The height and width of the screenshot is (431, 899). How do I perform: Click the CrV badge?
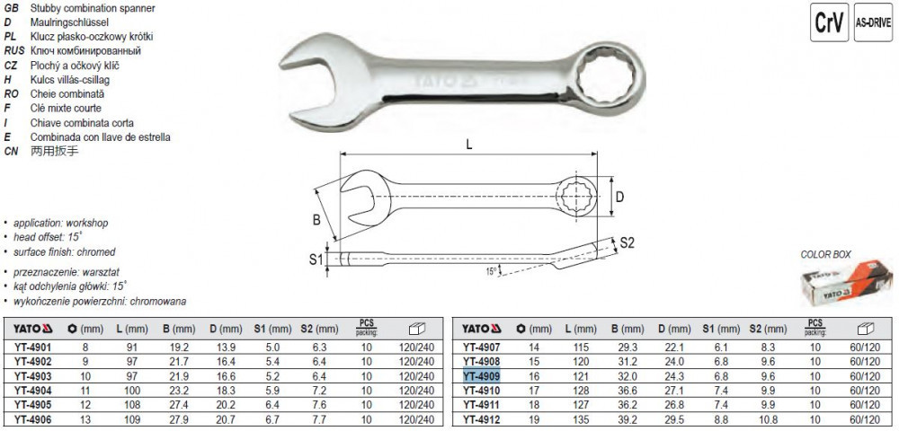[829, 22]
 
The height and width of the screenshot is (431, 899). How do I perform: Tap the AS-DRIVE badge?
[873, 22]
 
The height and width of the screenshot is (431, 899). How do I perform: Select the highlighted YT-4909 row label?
[482, 376]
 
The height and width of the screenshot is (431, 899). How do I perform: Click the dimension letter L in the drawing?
[469, 145]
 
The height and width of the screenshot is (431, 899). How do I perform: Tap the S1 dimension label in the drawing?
[316, 260]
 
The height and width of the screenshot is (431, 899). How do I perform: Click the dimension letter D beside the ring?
[619, 198]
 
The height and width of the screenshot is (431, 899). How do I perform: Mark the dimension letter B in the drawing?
[316, 221]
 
